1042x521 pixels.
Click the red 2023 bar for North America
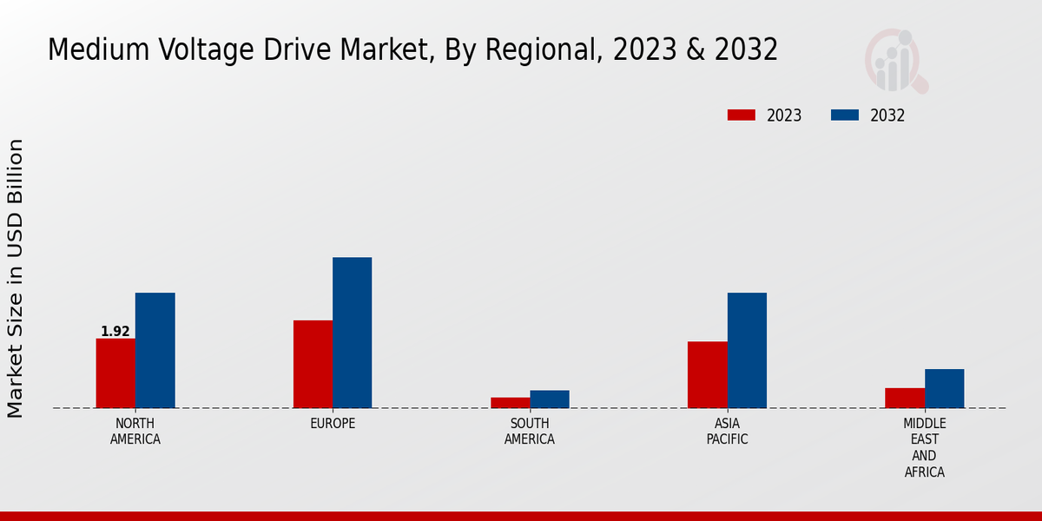[x=115, y=373]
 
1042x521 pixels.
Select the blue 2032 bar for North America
[x=155, y=350]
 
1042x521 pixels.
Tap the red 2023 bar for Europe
[x=313, y=364]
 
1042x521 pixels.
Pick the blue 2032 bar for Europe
[x=352, y=333]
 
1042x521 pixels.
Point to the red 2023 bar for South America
[x=510, y=402]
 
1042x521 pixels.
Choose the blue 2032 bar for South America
[x=550, y=399]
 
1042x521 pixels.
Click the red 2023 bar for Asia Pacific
[x=707, y=374]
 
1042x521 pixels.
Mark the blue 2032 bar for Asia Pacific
[x=747, y=350]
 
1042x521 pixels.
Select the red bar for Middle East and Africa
[x=905, y=398]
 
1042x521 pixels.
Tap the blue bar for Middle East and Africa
[x=944, y=388]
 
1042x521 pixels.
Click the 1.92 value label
[x=115, y=332]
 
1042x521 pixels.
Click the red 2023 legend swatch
[x=742, y=115]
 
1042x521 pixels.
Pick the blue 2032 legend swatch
[x=845, y=115]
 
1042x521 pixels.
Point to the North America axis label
[x=135, y=432]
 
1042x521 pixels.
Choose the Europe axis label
[x=333, y=424]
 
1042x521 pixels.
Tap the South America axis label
[x=530, y=432]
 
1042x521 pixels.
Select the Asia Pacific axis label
[x=727, y=432]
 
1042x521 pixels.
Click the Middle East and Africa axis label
[x=924, y=448]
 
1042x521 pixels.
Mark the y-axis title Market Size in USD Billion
[x=16, y=278]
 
